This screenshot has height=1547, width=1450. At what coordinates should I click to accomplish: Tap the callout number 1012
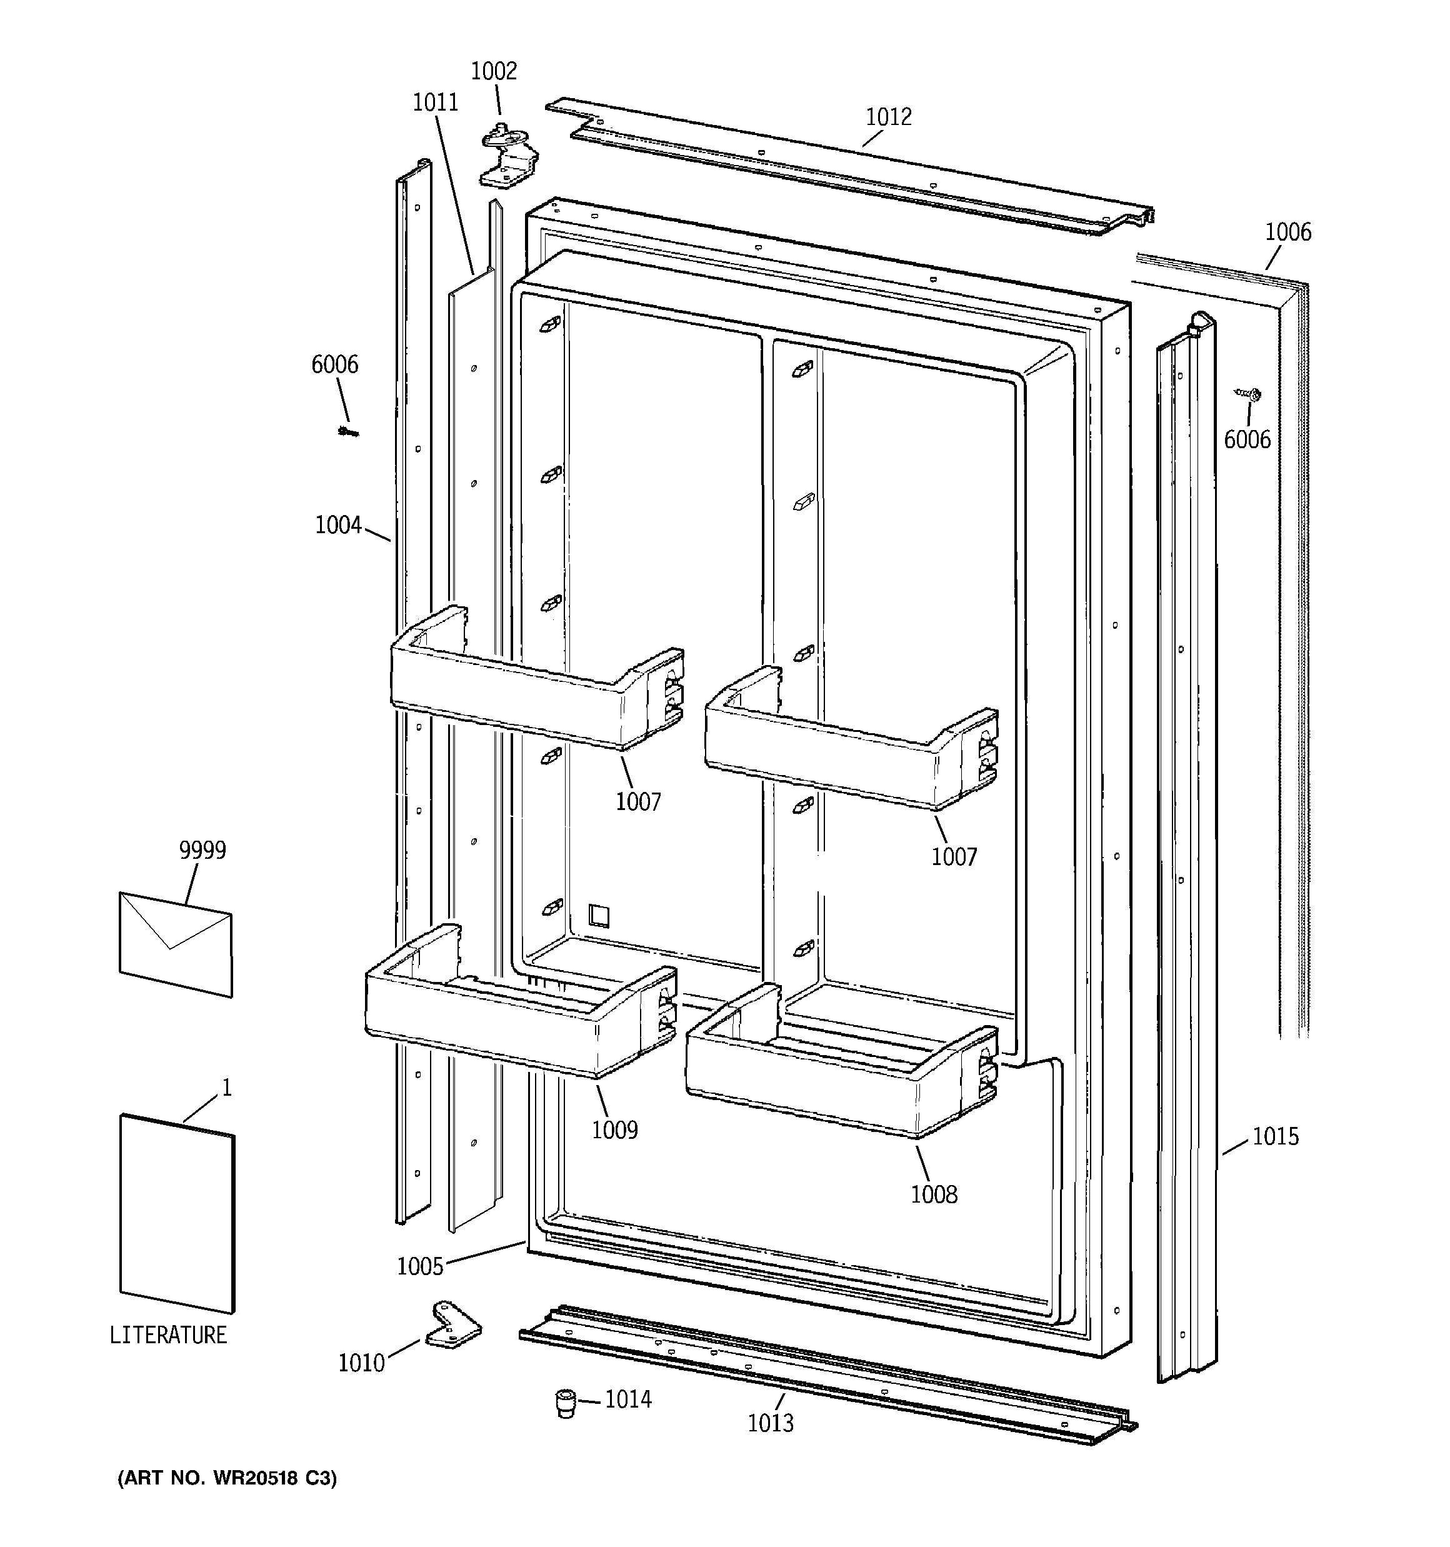click(888, 117)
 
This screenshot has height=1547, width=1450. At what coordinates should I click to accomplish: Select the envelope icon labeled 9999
click(175, 944)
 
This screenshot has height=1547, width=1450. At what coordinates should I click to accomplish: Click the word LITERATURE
click(168, 1335)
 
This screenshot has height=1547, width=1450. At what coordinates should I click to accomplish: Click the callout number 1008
click(933, 1194)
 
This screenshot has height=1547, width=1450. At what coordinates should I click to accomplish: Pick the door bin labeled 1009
click(514, 1011)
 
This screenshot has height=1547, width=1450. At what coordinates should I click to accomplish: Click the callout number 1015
click(1275, 1137)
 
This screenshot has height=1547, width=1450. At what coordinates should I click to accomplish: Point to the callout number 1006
click(1287, 232)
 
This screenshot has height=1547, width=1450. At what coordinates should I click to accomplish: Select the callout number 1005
click(419, 1267)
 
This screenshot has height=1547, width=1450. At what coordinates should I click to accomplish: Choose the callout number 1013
click(771, 1423)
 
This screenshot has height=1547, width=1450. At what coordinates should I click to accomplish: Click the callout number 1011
click(435, 103)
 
